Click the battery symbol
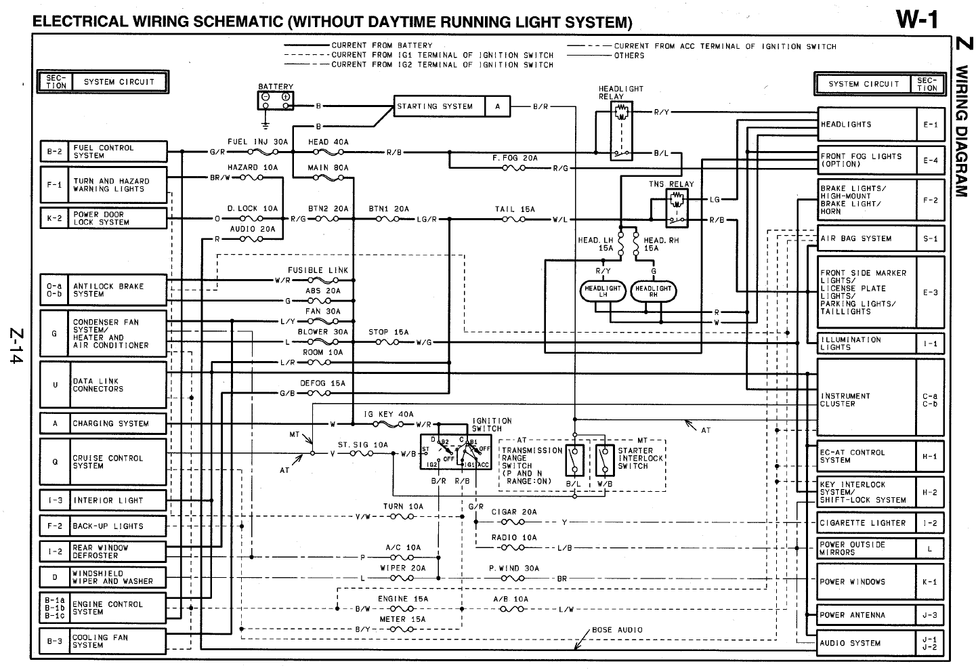pyautogui.click(x=276, y=100)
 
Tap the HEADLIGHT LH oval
pyautogui.click(x=602, y=291)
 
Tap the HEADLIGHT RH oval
pyautogui.click(x=653, y=291)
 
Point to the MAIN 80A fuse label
pyautogui.click(x=328, y=167)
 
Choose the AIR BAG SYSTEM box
pyautogui.click(x=866, y=238)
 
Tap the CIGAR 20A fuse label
pyautogui.click(x=513, y=512)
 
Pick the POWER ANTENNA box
pyautogui.click(x=866, y=615)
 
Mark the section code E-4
pyautogui.click(x=930, y=161)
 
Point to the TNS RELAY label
pyautogui.click(x=671, y=184)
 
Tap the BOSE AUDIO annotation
pyautogui.click(x=617, y=629)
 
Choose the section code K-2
pyautogui.click(x=54, y=218)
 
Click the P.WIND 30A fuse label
pyautogui.click(x=514, y=568)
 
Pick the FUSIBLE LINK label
pyautogui.click(x=318, y=270)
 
